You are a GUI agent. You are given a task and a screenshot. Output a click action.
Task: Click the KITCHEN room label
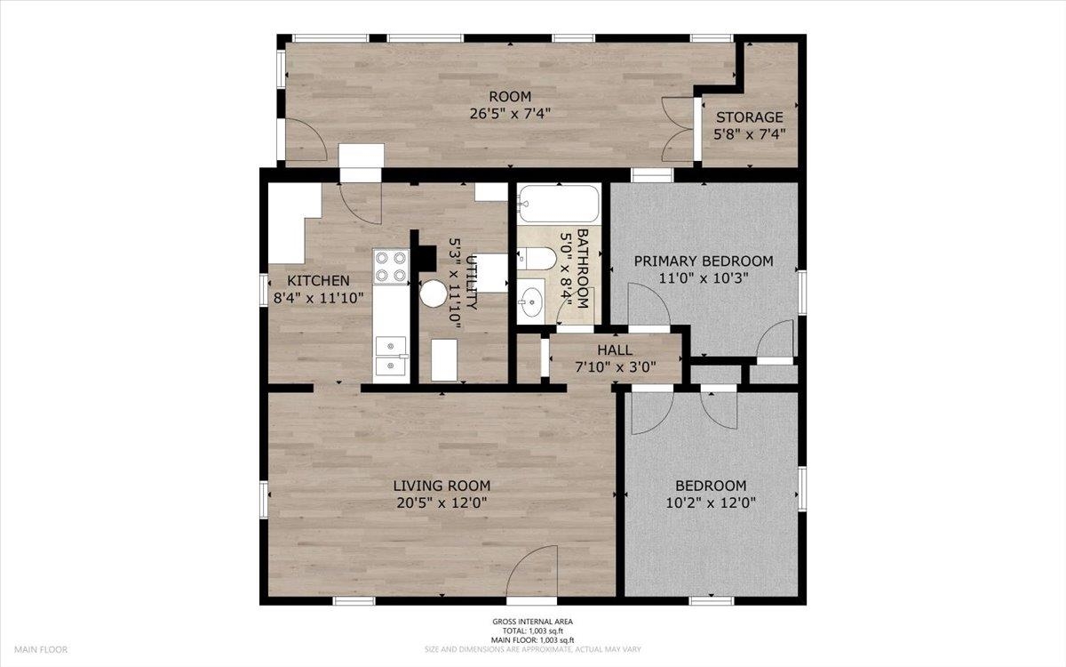tap(318, 281)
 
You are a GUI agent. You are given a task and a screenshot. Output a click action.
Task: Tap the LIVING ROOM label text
tap(442, 486)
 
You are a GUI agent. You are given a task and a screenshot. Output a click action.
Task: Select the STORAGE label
tap(750, 117)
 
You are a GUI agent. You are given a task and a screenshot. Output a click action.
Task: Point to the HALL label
tap(615, 350)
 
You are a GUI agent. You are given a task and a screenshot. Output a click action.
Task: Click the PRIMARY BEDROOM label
tap(704, 261)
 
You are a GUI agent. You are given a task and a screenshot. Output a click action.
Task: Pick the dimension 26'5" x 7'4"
tap(510, 114)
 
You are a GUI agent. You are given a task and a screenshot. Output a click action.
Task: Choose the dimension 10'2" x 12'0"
tap(711, 502)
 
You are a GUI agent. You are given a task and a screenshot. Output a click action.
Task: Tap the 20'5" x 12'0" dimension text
tap(442, 502)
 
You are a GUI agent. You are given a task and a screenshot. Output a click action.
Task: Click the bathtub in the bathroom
tap(559, 204)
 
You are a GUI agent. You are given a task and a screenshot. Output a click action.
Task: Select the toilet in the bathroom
tap(537, 259)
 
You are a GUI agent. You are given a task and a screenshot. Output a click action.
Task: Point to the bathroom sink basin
tap(531, 301)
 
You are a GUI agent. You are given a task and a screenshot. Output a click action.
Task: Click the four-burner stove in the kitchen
tap(391, 267)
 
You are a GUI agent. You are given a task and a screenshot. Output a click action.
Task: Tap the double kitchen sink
tap(391, 356)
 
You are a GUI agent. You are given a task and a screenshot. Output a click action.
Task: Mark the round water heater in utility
tap(434, 293)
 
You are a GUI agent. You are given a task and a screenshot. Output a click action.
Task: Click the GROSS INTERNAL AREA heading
tap(532, 622)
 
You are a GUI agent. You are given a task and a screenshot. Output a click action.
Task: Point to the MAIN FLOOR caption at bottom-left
tap(41, 649)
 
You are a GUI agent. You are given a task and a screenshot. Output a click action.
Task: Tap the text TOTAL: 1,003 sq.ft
tap(532, 631)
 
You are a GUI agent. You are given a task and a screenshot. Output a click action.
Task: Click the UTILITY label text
tap(471, 283)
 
